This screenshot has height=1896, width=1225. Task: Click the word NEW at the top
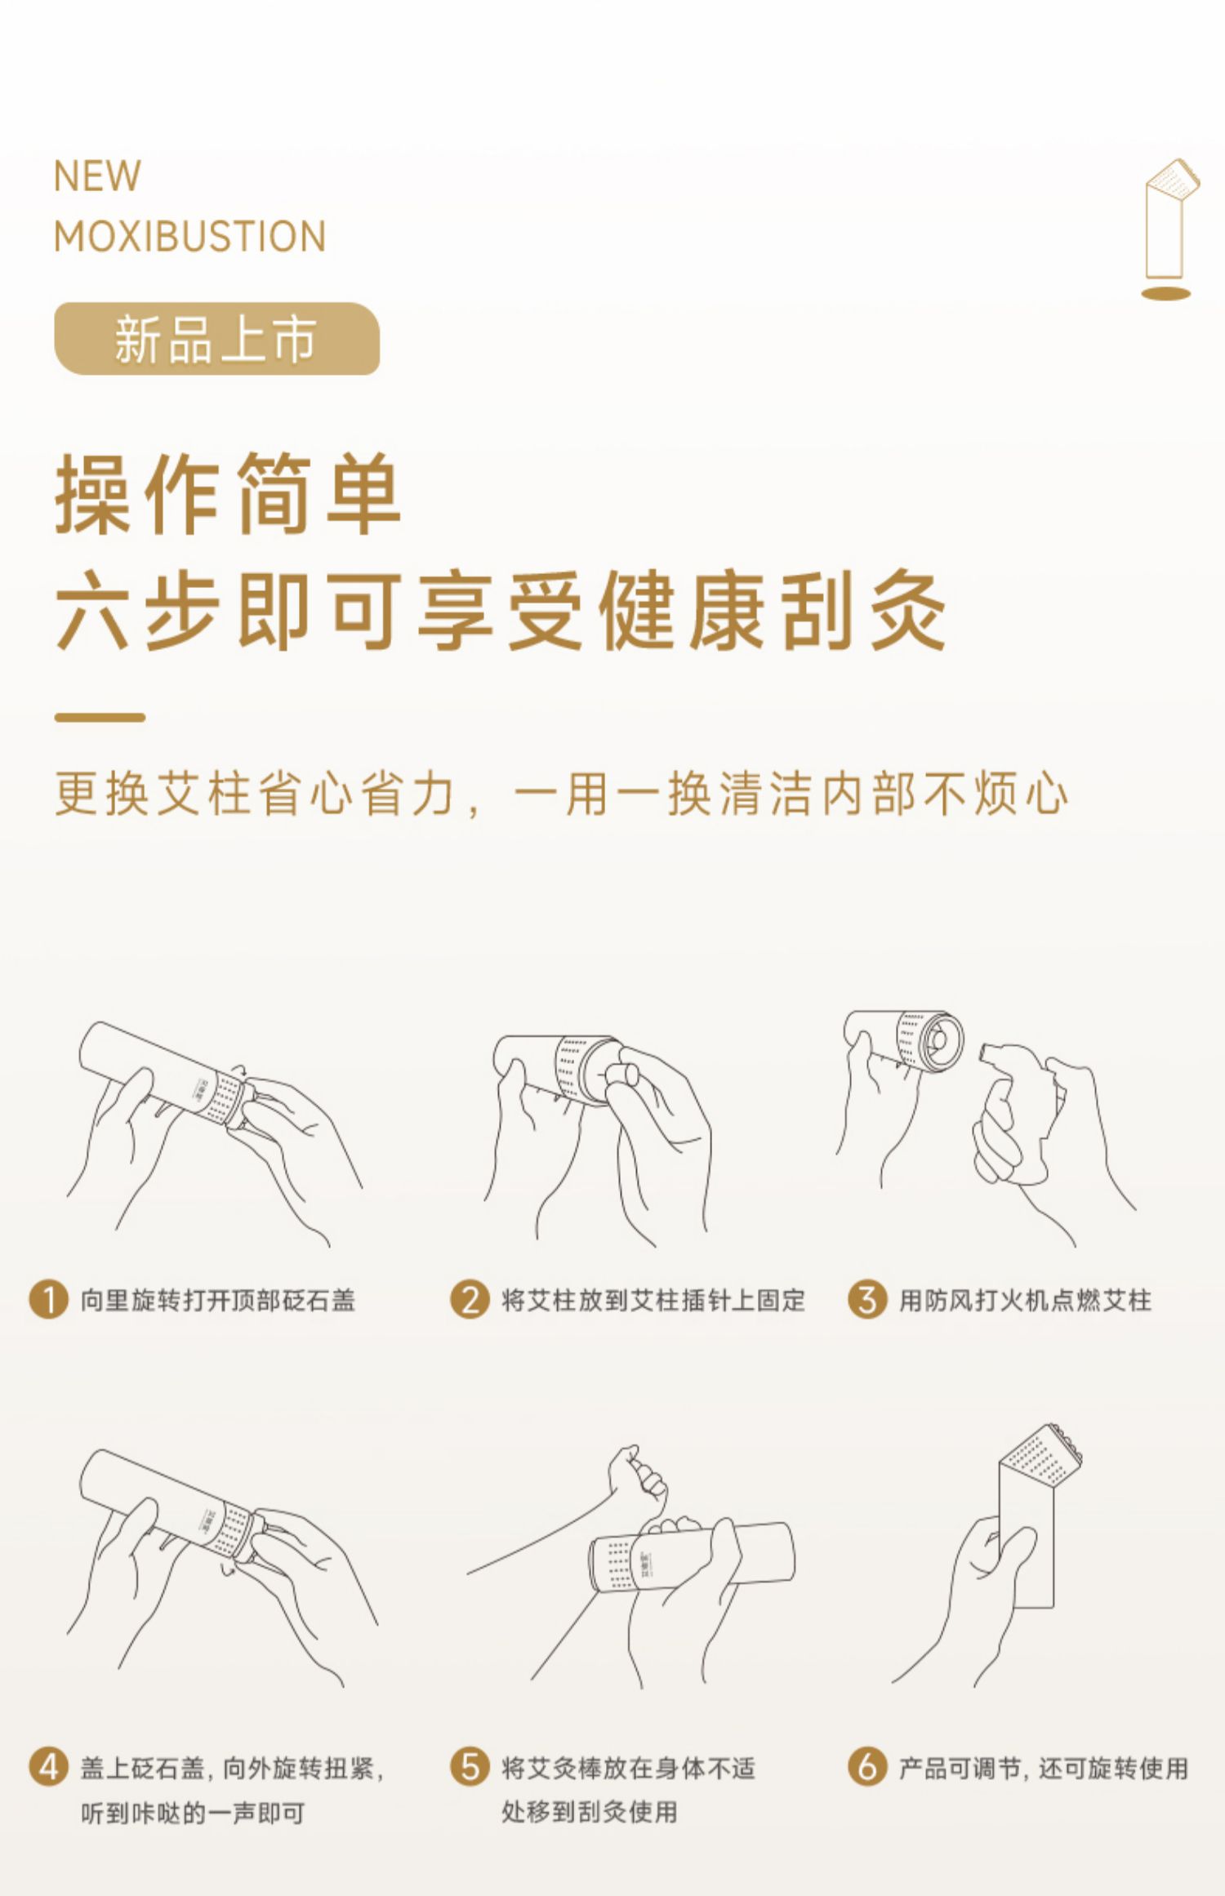pos(97,176)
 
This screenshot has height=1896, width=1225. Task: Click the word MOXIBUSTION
pos(189,237)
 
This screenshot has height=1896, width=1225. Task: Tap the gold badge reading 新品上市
pos(216,339)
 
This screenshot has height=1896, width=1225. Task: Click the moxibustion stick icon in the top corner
pos(1169,229)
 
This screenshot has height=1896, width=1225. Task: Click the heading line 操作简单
pos(228,494)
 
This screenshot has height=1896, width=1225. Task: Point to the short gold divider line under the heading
pos(100,718)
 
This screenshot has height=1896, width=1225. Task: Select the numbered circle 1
pos(48,1299)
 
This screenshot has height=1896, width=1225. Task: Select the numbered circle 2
pos(470,1299)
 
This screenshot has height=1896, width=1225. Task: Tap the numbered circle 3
pos(867,1299)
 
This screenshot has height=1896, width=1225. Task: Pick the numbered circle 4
pos(48,1768)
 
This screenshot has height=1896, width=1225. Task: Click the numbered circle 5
pos(470,1768)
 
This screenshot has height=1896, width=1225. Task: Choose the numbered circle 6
pos(867,1768)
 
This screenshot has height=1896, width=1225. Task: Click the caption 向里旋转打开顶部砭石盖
pos(218,1300)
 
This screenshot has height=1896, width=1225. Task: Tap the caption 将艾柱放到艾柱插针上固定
pos(653,1300)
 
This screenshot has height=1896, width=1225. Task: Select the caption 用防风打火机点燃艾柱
pos(1025,1300)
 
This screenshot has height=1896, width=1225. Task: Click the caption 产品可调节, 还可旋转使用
pos(1044,1769)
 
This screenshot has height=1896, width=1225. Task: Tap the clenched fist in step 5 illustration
pos(638,1476)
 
